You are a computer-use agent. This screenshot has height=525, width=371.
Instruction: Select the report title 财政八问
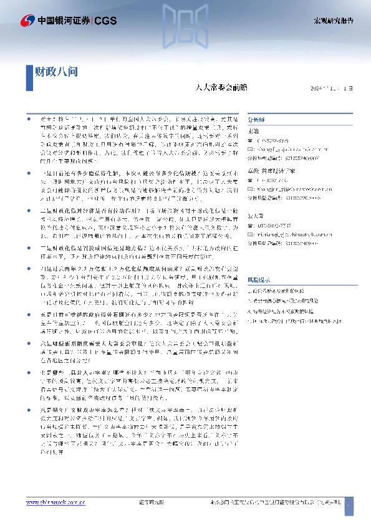55,71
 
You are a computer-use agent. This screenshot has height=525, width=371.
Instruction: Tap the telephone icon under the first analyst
251,140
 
